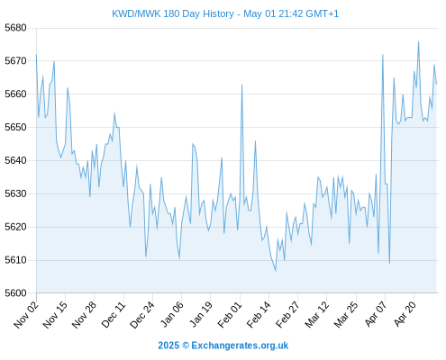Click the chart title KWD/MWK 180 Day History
[173, 13]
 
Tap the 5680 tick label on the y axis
[15, 28]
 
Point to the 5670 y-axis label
[15, 61]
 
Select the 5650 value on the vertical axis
[15, 127]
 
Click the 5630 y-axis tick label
[15, 193]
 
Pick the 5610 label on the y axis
[15, 260]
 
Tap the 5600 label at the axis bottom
[15, 293]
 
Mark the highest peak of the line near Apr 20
[418, 41]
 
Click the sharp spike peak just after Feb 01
[241, 85]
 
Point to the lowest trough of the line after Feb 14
[276, 271]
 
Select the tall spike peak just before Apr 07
[383, 55]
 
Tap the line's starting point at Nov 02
[36, 55]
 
